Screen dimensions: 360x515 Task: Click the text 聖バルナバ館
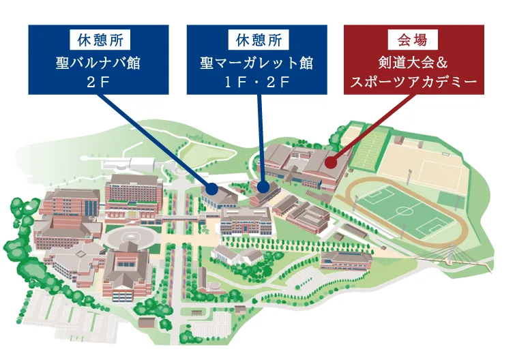[x=101, y=63]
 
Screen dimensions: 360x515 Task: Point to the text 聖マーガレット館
[x=259, y=63]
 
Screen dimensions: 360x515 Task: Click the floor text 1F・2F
[x=259, y=82]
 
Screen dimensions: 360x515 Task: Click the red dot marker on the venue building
[x=329, y=162]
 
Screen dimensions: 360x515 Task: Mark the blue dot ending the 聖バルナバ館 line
[x=212, y=186]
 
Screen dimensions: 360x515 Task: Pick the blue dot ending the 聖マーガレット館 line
[x=264, y=185]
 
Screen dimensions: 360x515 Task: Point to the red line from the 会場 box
[x=368, y=127]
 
